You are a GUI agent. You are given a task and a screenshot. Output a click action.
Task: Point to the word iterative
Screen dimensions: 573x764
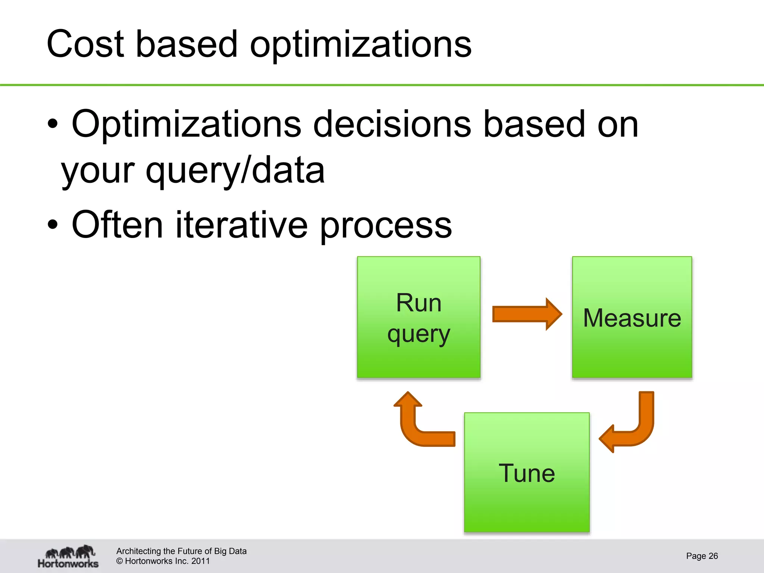click(x=241, y=225)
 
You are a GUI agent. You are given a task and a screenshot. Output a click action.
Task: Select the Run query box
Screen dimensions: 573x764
click(x=419, y=317)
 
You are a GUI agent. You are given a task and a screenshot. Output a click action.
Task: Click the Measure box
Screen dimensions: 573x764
click(x=632, y=317)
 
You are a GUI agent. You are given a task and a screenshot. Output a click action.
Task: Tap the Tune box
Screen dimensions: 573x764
click(x=527, y=472)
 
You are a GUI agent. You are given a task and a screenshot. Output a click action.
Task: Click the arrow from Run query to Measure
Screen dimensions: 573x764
click(x=526, y=314)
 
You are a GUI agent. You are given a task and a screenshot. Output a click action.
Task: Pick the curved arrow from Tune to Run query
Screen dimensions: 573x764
click(x=418, y=425)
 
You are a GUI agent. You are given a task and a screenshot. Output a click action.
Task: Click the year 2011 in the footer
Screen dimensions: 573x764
click(x=200, y=561)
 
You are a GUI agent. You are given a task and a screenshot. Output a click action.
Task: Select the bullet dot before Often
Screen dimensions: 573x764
click(x=53, y=225)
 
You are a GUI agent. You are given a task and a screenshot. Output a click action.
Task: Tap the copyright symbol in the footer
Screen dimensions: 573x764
click(x=120, y=561)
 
